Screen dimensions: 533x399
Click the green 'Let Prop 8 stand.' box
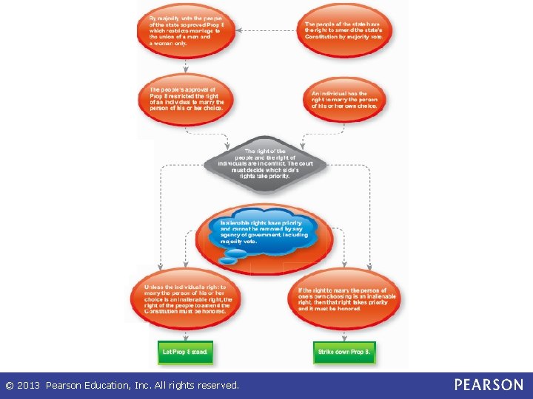[x=185, y=352]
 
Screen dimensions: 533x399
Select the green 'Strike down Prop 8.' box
[x=344, y=352]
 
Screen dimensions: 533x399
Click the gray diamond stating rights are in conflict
[x=265, y=164]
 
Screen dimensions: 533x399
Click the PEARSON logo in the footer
[x=489, y=385]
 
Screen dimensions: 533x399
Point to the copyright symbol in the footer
[x=10, y=385]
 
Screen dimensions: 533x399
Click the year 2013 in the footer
[x=28, y=385]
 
